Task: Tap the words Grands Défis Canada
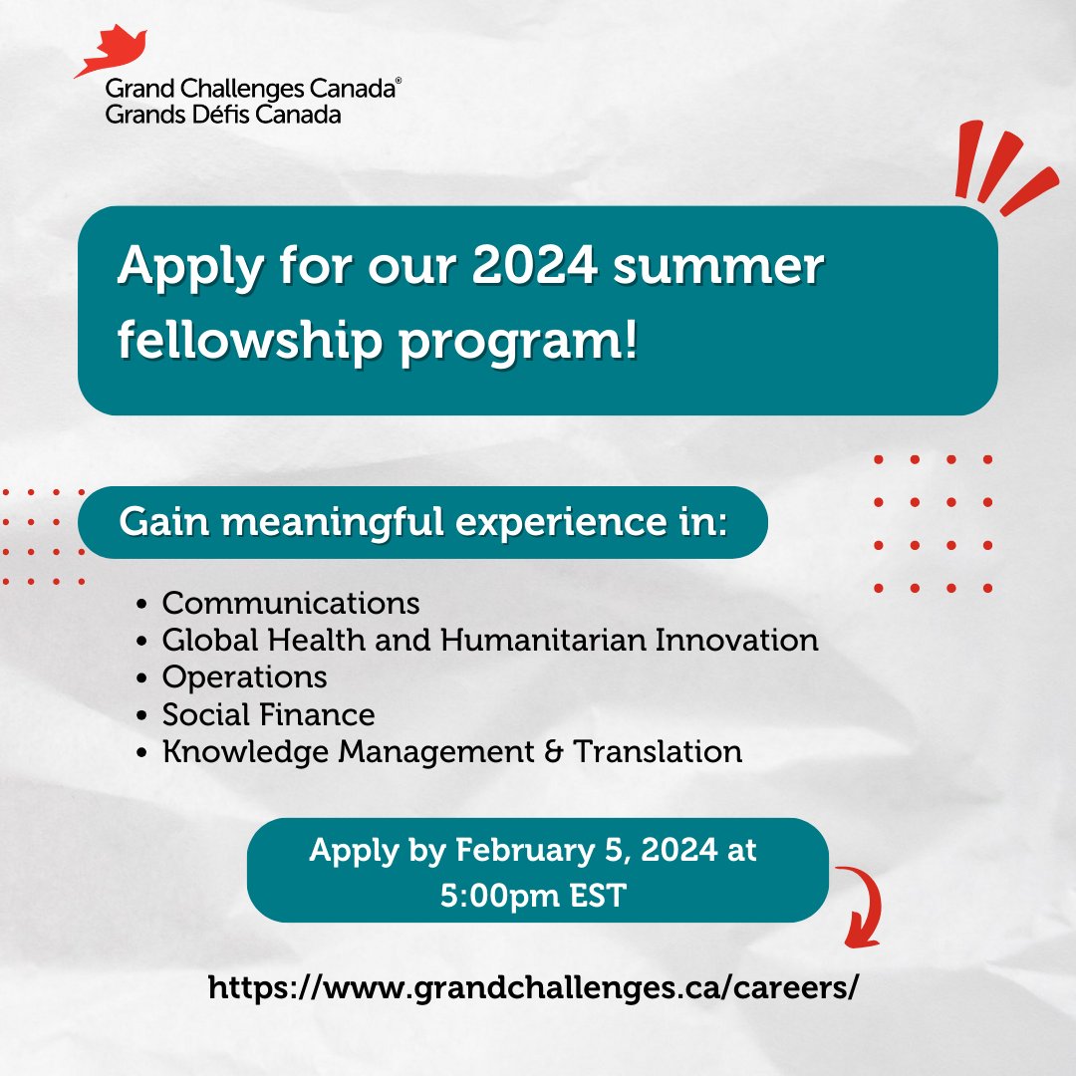coord(223,114)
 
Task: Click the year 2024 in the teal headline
coord(534,265)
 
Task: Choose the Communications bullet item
coord(291,603)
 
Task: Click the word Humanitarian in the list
coord(544,640)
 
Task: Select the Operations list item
coord(244,678)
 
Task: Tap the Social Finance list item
coord(268,715)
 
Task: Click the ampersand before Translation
coord(554,751)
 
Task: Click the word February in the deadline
coord(525,851)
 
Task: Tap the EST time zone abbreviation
coord(598,896)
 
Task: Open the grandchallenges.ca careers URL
coord(533,988)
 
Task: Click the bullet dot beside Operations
coord(142,678)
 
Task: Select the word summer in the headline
coord(717,266)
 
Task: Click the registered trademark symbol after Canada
coord(398,81)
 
